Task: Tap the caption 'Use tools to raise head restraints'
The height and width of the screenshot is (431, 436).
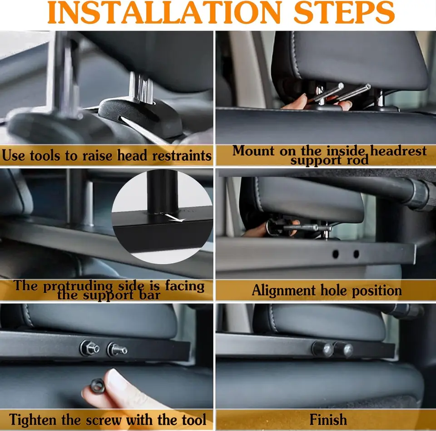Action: point(107,156)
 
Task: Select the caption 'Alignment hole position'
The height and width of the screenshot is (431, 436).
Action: point(327,290)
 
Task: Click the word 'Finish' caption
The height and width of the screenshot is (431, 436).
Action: point(328,419)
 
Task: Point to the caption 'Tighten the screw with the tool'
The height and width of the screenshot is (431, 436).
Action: point(108,419)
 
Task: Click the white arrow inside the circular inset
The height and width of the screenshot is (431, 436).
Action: point(175,218)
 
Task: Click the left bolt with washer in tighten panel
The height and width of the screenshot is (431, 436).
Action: point(89,348)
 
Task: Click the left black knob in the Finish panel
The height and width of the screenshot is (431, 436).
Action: point(322,349)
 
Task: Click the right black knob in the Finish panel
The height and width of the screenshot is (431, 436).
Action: point(343,350)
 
